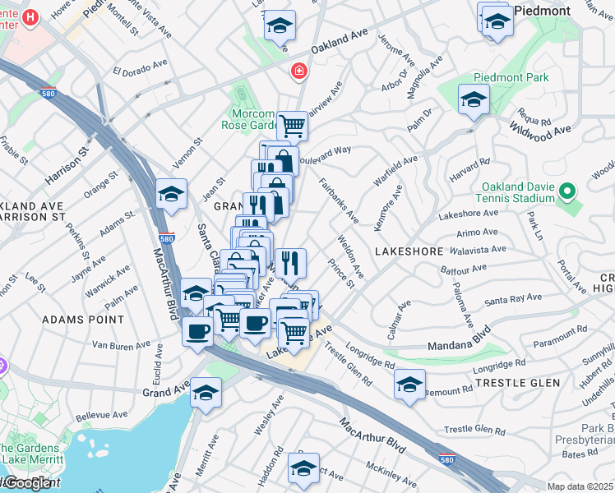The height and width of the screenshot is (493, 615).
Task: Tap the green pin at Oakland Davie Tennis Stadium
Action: [566, 192]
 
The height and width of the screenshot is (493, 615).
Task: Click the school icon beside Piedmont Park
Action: [474, 99]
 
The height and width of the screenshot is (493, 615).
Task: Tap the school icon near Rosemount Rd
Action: [409, 384]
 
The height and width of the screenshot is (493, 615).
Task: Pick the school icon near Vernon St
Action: [171, 194]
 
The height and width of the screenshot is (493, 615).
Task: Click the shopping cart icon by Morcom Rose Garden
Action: [292, 126]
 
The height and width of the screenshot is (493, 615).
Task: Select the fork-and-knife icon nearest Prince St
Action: [290, 263]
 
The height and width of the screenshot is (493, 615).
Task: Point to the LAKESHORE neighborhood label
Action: [409, 251]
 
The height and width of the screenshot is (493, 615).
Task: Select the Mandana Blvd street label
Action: [459, 348]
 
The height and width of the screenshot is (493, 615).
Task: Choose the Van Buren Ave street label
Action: [122, 345]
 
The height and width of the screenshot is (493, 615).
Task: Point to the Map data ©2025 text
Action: [580, 486]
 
